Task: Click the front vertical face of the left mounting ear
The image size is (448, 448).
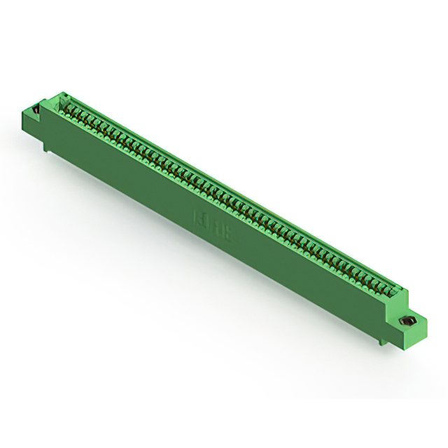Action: [33, 126]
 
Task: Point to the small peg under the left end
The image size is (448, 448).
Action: [46, 146]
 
